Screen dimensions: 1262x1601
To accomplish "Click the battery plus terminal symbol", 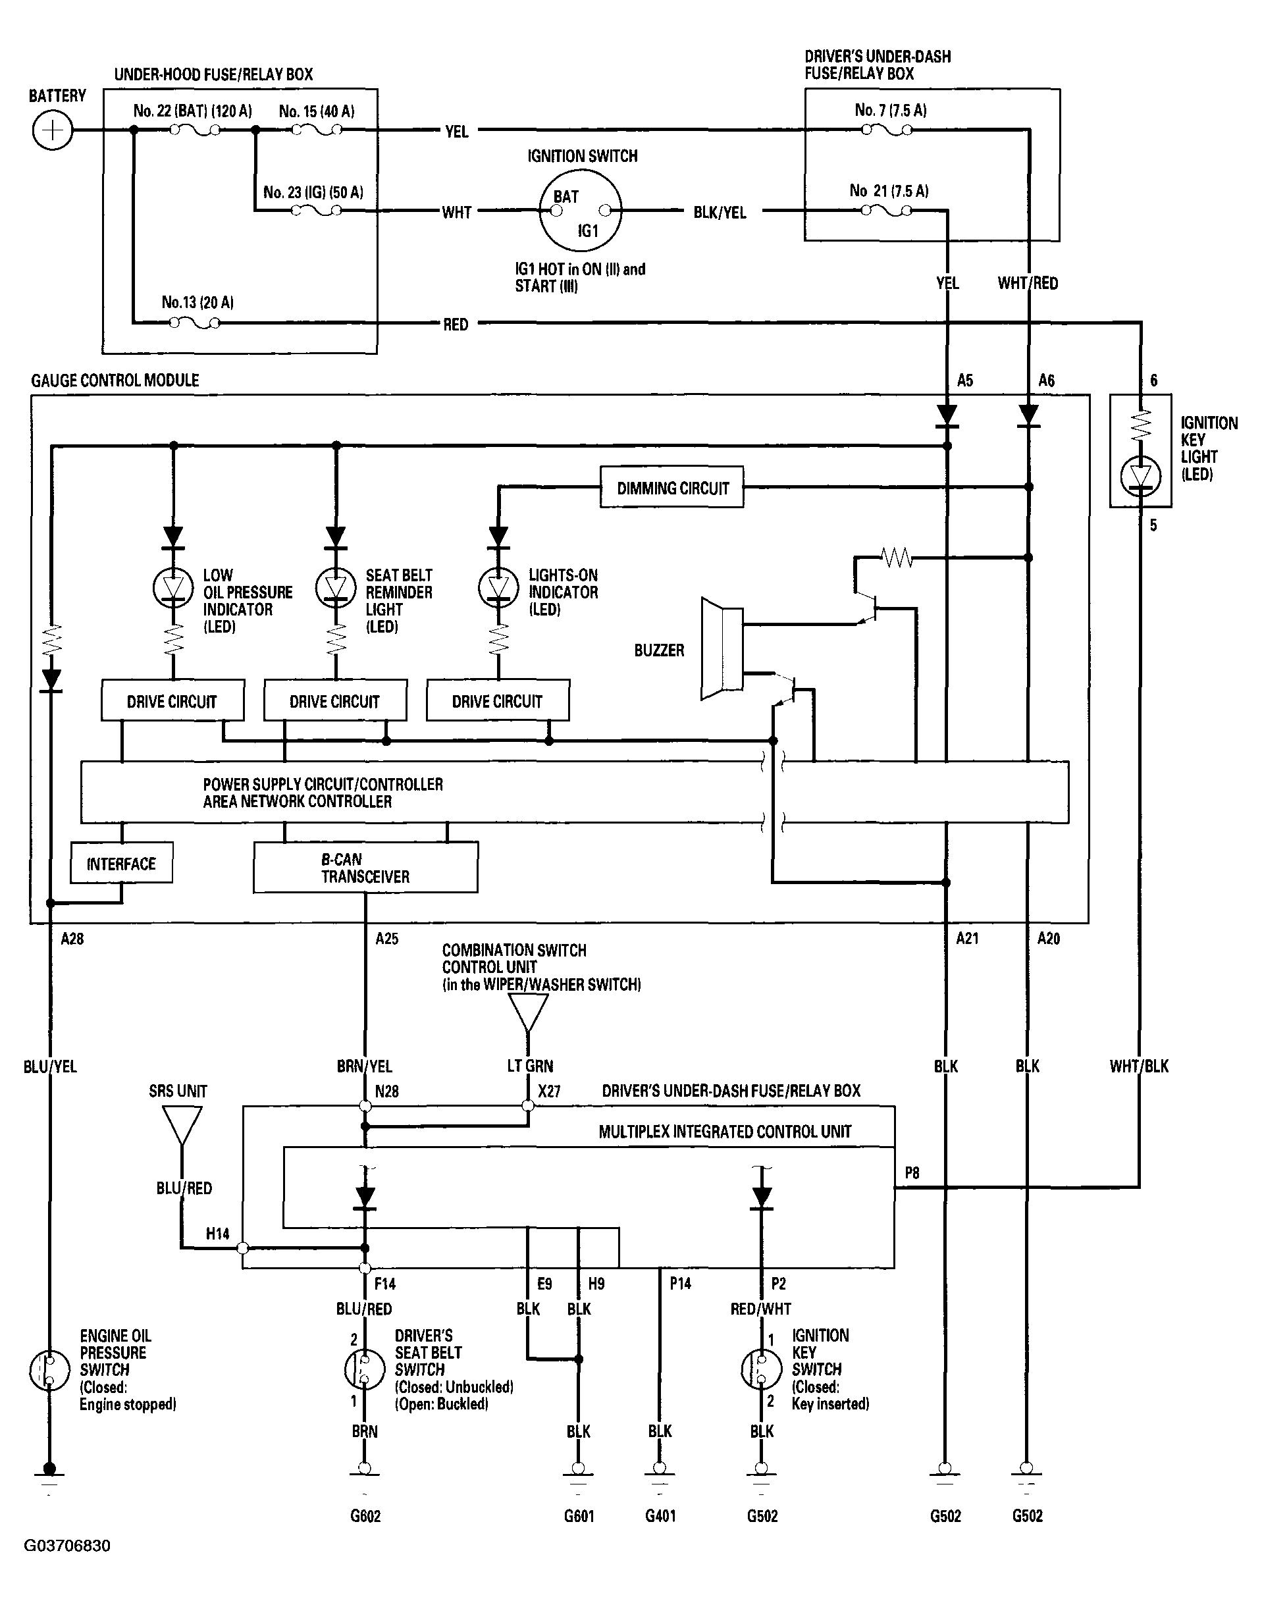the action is (x=53, y=131).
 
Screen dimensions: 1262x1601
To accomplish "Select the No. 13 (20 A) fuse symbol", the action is (x=194, y=323).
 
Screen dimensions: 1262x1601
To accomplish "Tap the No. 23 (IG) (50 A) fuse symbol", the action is (x=316, y=211).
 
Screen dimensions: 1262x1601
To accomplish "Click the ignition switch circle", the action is (x=581, y=211).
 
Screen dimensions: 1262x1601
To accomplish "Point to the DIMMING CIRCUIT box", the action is (x=671, y=487).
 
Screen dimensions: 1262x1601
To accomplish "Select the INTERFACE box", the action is (x=121, y=863).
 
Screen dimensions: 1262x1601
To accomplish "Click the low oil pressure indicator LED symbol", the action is (x=173, y=588).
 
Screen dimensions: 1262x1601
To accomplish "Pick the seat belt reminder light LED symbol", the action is (x=336, y=588).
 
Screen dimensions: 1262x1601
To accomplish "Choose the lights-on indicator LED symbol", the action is (x=499, y=588).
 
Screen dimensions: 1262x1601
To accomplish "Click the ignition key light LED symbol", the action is (x=1141, y=477).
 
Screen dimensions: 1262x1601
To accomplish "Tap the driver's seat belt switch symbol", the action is (x=365, y=1369).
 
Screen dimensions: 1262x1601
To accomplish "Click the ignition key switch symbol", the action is (x=761, y=1369).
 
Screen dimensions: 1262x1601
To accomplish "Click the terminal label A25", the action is (x=386, y=938).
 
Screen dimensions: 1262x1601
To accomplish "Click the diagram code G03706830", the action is (x=67, y=1546).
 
